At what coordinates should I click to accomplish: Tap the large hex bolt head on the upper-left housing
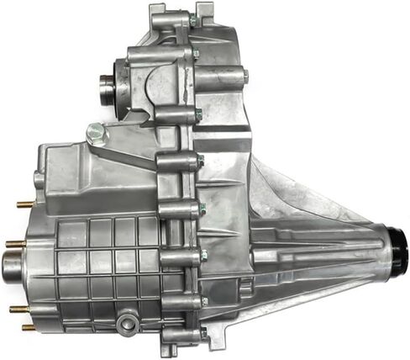96,131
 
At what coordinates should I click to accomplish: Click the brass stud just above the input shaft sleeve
15,244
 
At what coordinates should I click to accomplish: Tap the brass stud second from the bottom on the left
18,309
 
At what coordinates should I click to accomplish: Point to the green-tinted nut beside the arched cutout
196,54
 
